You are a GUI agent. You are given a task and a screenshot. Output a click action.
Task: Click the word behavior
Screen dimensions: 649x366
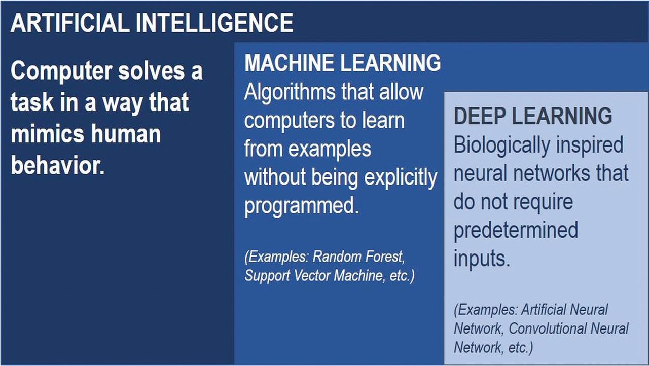point(58,165)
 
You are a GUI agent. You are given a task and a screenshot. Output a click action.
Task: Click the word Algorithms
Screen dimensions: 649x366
point(290,93)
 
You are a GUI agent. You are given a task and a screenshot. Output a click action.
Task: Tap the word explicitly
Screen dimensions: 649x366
point(401,178)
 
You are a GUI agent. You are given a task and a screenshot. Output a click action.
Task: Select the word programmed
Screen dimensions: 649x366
point(302,206)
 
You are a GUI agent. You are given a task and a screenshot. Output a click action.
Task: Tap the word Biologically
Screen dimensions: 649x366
point(502,145)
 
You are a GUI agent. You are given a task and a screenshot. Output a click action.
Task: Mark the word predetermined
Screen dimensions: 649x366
point(516,230)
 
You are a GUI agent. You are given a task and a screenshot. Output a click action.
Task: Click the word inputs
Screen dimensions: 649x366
point(482,259)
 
